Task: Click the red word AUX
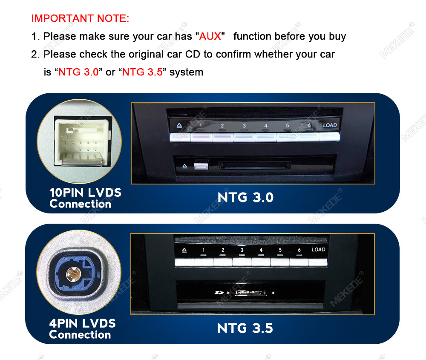pos(210,36)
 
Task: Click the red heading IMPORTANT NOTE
pos(80,18)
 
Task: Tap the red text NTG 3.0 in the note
pos(78,72)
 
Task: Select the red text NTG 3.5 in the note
pos(142,72)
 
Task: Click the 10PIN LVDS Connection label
pos(85,198)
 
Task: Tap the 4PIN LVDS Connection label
pos(82,329)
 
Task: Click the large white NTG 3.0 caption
pos(245,197)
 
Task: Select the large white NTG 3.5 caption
pos(245,328)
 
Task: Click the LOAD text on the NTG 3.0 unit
pos(330,125)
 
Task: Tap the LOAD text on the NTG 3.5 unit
pos(318,249)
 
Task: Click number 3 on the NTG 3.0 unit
pos(244,126)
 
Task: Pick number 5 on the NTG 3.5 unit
pos(280,250)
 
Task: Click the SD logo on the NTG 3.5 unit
pos(219,293)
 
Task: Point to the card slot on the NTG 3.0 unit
pos(255,165)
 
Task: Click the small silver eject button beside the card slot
pos(201,166)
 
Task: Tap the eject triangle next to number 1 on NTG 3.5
pos(184,250)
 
